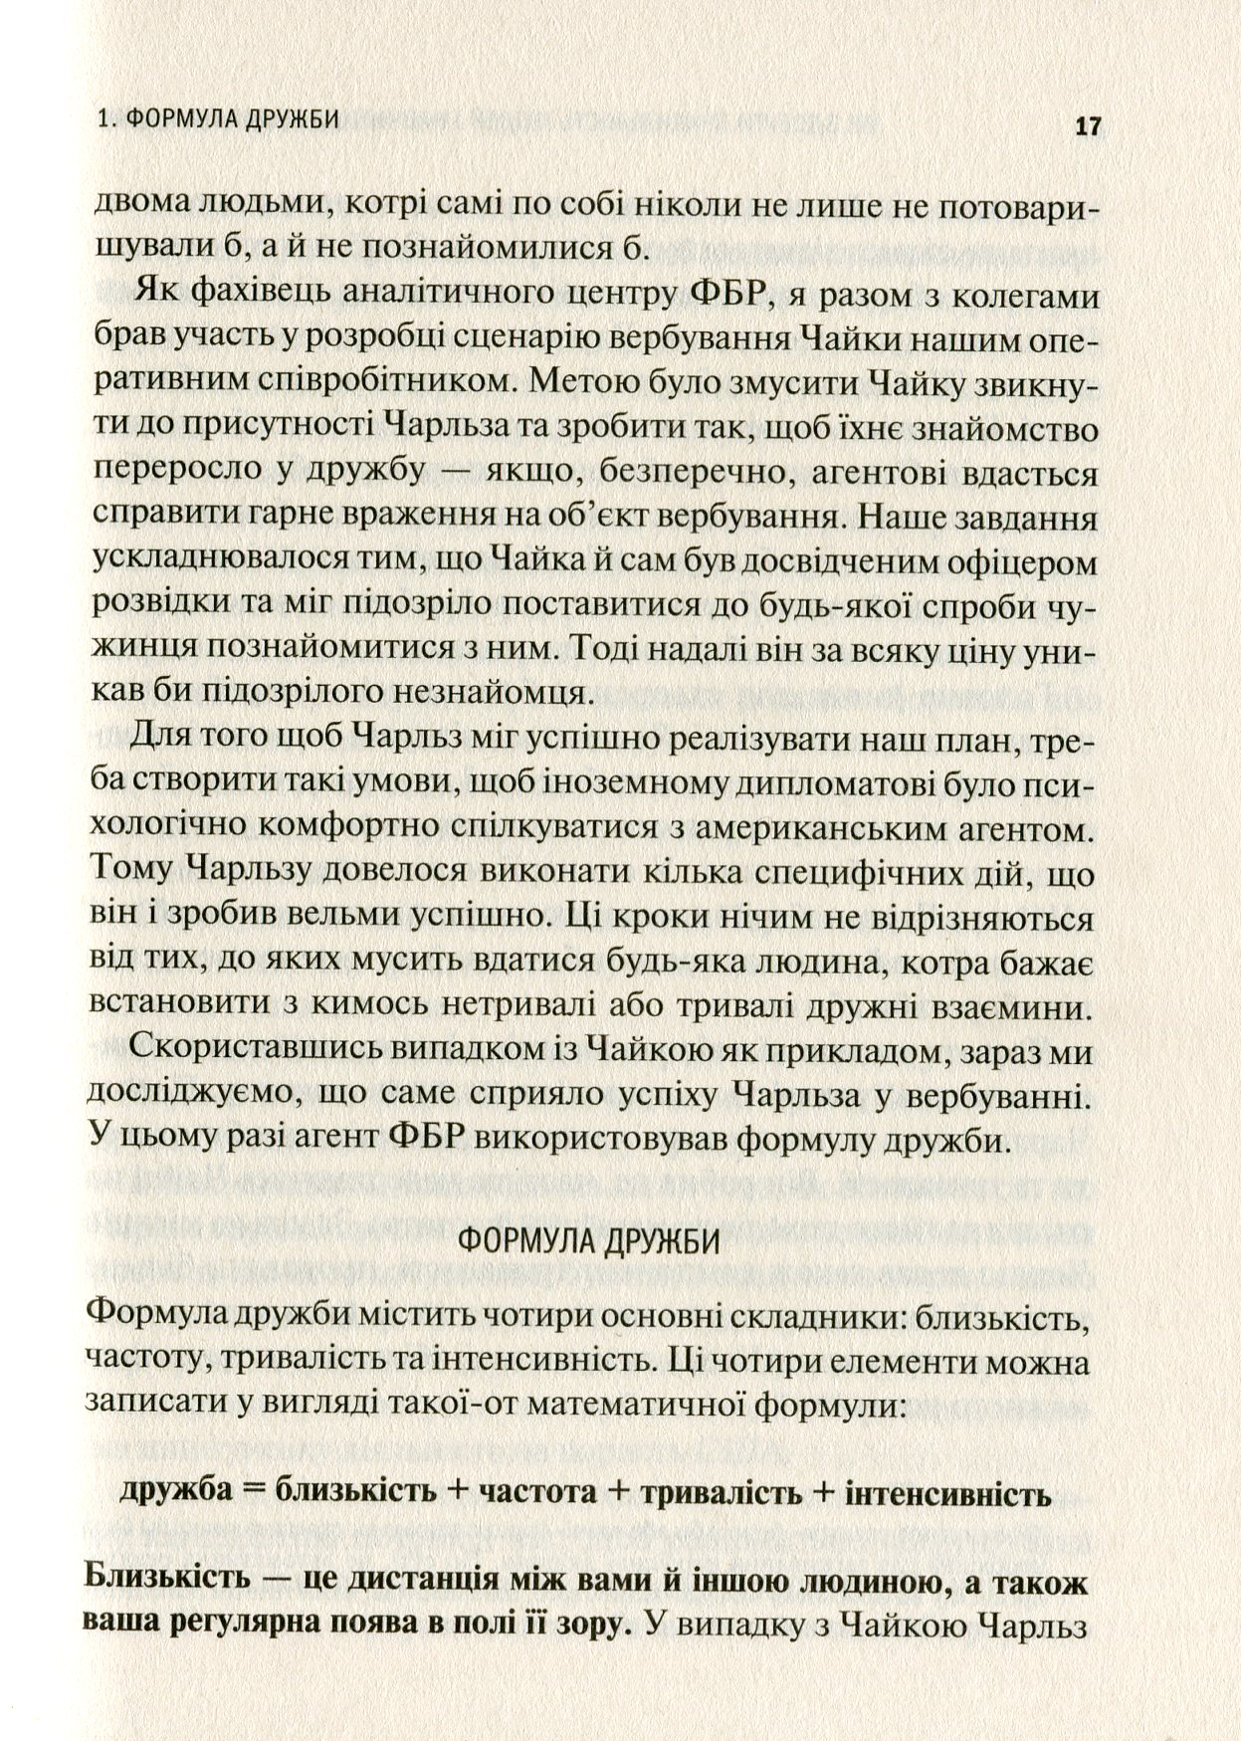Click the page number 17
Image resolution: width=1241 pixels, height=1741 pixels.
[1086, 126]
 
